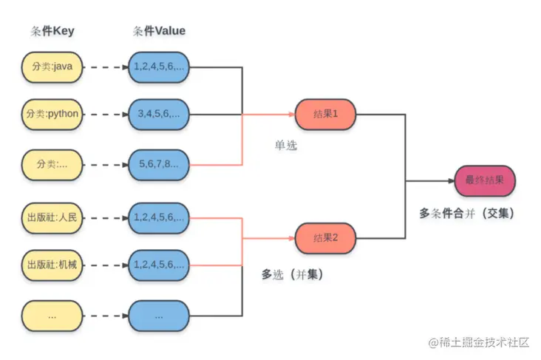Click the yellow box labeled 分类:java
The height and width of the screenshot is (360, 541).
pyautogui.click(x=52, y=67)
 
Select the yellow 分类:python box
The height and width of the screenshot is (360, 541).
pyautogui.click(x=52, y=115)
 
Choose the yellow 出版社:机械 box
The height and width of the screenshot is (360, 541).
pyautogui.click(x=52, y=264)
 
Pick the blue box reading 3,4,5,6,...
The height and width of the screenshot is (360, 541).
pyautogui.click(x=159, y=115)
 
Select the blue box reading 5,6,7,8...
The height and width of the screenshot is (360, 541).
pyautogui.click(x=159, y=164)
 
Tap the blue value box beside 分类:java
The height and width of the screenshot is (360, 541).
pyautogui.click(x=159, y=67)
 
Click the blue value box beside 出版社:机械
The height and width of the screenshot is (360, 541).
pyautogui.click(x=159, y=264)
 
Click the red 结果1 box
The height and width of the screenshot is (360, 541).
pyautogui.click(x=325, y=115)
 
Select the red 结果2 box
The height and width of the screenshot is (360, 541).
pyautogui.click(x=325, y=238)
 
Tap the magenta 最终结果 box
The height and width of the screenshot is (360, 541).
pyautogui.click(x=485, y=180)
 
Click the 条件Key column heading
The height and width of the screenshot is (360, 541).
pyautogui.click(x=52, y=31)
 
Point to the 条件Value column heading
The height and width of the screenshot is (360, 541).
pyautogui.click(x=159, y=31)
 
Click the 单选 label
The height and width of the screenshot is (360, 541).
pyautogui.click(x=285, y=146)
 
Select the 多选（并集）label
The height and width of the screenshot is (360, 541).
pyautogui.click(x=293, y=274)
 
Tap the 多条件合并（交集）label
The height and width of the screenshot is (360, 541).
pyautogui.click(x=466, y=213)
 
